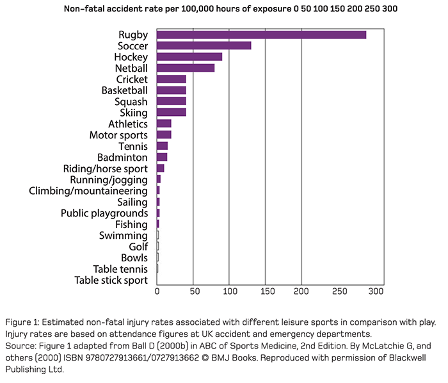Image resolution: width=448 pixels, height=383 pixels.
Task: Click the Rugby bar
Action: click(261, 35)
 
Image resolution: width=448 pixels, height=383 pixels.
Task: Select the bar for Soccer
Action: click(204, 45)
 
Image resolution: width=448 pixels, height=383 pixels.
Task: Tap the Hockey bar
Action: click(189, 57)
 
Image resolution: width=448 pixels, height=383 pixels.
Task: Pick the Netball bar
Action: click(186, 68)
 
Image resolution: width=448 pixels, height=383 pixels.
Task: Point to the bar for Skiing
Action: click(171, 113)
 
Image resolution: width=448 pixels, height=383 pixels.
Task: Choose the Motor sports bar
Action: click(164, 135)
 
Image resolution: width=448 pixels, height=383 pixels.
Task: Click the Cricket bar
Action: click(171, 79)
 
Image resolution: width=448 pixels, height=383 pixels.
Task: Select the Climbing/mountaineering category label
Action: click(88, 191)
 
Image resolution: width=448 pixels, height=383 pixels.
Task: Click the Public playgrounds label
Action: click(104, 213)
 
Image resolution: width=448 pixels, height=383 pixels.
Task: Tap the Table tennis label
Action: click(120, 269)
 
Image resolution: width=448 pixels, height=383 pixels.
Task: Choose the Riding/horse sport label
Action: click(105, 168)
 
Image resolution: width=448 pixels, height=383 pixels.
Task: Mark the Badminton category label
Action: click(122, 158)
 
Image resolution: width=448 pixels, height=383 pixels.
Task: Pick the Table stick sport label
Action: click(111, 281)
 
